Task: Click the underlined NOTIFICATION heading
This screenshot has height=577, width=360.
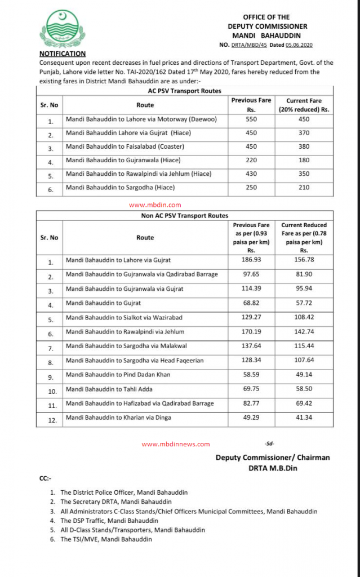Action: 61,54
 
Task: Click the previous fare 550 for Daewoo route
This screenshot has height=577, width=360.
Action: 251,119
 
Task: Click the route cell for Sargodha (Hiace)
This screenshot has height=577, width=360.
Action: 120,187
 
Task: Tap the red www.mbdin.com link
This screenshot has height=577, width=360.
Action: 155,205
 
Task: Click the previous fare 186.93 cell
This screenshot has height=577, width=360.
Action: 251,260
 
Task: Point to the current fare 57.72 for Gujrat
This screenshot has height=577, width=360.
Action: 304,304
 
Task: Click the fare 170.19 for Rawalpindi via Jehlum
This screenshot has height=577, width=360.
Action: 251,332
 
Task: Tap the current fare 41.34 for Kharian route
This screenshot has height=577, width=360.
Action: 304,418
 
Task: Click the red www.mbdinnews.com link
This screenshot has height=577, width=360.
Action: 176,444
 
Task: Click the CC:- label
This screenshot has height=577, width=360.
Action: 46,478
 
